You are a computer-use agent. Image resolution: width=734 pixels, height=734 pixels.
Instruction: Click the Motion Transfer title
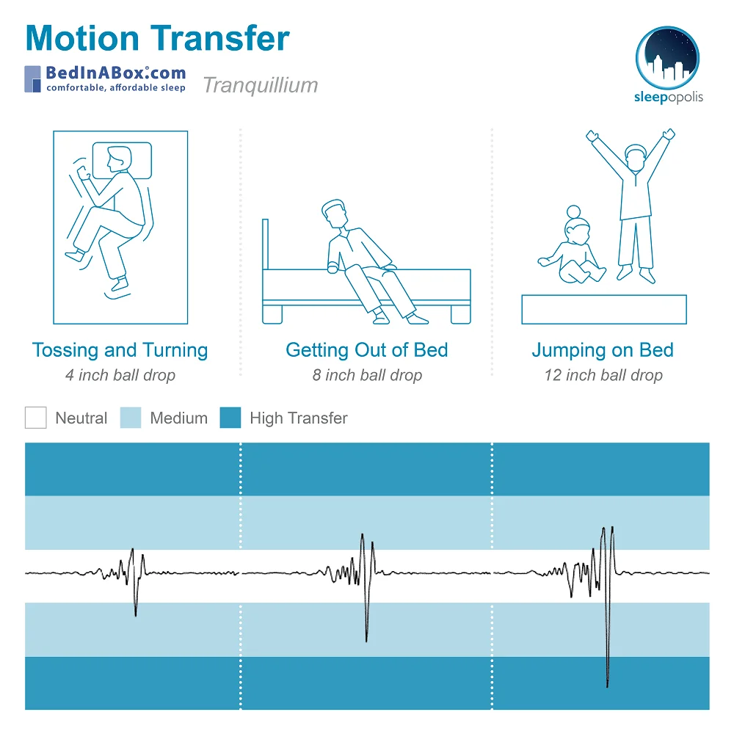pyautogui.click(x=158, y=38)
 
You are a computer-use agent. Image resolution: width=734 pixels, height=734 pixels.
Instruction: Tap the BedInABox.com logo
pyautogui.click(x=105, y=79)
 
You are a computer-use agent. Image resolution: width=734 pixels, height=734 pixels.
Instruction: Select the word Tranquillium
pyautogui.click(x=261, y=85)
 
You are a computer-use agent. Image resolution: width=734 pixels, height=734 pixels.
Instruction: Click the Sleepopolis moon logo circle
pyautogui.click(x=667, y=57)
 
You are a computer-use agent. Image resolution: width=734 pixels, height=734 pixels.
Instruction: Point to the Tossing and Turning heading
pyautogui.click(x=120, y=350)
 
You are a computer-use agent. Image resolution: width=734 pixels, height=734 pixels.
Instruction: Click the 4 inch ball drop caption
pyautogui.click(x=120, y=376)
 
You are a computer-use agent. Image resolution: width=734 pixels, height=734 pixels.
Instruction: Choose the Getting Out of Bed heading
pyautogui.click(x=367, y=350)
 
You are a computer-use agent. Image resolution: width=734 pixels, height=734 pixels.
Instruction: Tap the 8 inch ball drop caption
pyautogui.click(x=367, y=376)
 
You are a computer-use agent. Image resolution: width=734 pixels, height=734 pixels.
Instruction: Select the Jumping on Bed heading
pyautogui.click(x=603, y=350)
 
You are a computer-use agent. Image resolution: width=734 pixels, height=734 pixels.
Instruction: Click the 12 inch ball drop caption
pyautogui.click(x=603, y=376)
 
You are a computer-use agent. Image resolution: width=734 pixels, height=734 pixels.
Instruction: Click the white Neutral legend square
pyautogui.click(x=35, y=418)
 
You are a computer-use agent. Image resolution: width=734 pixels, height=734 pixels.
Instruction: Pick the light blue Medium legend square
pyautogui.click(x=131, y=418)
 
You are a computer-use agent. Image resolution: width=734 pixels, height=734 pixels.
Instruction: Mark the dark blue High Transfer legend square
pyautogui.click(x=230, y=418)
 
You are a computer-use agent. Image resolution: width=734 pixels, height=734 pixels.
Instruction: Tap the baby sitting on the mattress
pyautogui.click(x=574, y=250)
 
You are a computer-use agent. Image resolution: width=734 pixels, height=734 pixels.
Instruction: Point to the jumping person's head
pyautogui.click(x=634, y=158)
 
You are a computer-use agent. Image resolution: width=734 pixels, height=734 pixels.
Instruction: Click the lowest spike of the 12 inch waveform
pyautogui.click(x=608, y=686)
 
